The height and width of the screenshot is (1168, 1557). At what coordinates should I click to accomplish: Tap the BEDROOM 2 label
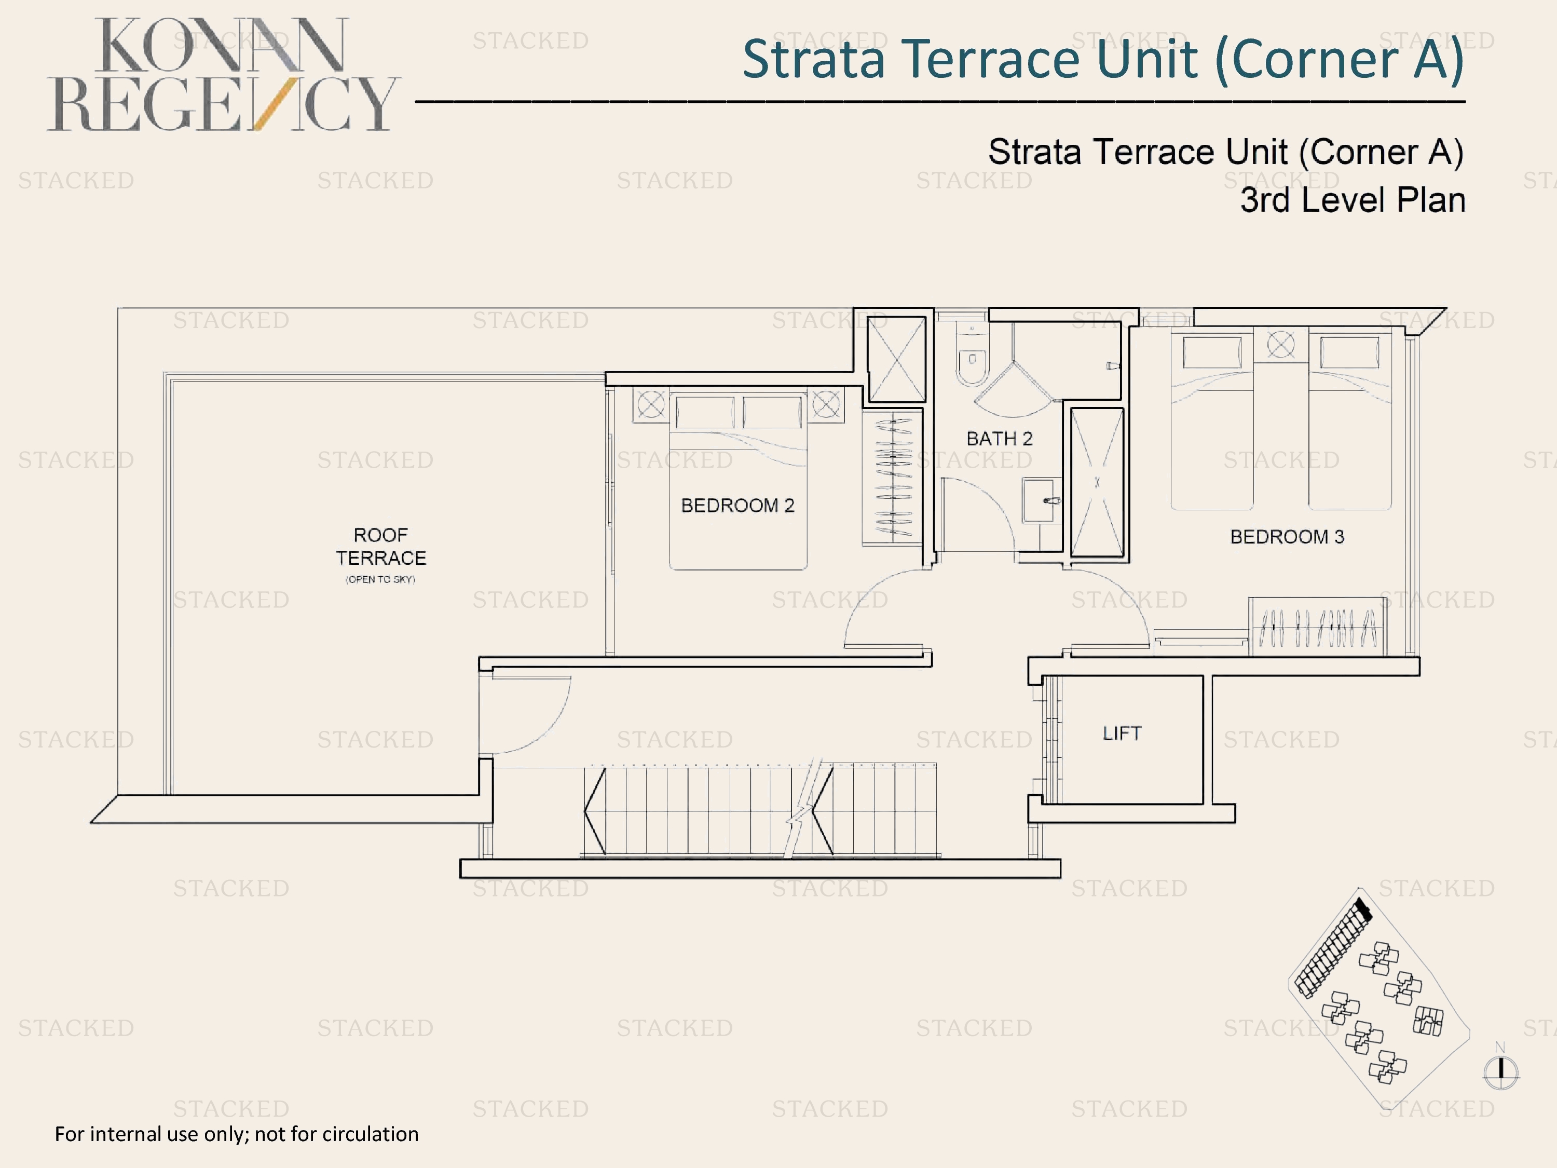pos(737,506)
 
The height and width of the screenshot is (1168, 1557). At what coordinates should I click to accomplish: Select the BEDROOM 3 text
pos(1287,537)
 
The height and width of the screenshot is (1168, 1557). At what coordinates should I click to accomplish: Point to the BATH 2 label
pos(999,439)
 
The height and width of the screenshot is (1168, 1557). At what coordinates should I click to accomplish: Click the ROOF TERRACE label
pos(381,546)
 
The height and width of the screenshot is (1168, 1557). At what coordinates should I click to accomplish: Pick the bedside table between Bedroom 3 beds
pos(1280,345)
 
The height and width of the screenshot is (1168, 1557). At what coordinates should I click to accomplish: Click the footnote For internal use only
pos(237,1134)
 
